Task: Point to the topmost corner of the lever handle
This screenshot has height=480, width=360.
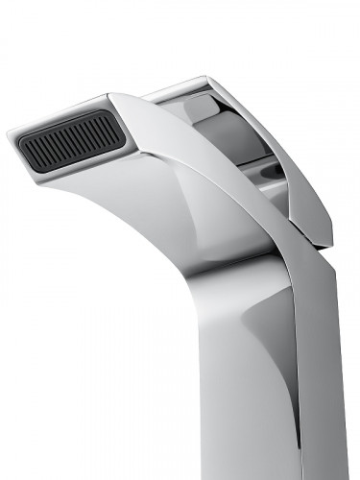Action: click(x=205, y=78)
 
